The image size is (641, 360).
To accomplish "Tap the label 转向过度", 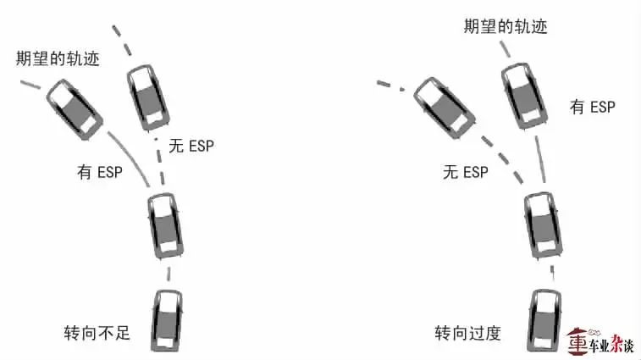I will pyautogui.click(x=467, y=332).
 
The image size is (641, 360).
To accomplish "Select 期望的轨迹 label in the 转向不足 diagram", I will pyautogui.click(x=57, y=59).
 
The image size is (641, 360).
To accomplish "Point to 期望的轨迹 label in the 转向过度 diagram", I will pyautogui.click(x=506, y=26).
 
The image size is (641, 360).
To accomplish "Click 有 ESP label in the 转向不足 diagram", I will pyautogui.click(x=99, y=173).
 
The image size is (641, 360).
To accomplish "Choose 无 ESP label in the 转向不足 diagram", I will pyautogui.click(x=191, y=146).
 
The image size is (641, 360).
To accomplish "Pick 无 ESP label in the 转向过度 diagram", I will pyautogui.click(x=466, y=173).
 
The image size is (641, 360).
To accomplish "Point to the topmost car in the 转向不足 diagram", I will pyautogui.click(x=146, y=97).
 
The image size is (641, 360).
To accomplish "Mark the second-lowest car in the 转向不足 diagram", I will pyautogui.click(x=163, y=224).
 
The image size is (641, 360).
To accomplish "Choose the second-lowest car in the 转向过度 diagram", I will pyautogui.click(x=539, y=224).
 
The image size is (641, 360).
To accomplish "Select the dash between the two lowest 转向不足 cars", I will pyautogui.click(x=169, y=274).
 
